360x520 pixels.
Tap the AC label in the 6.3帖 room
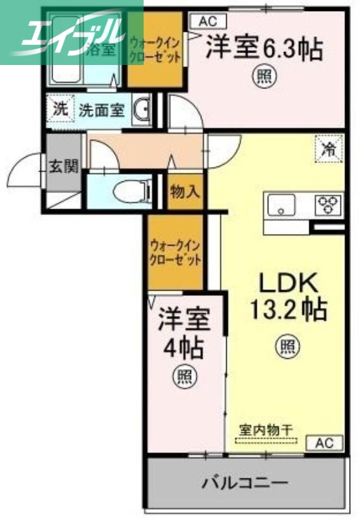203,21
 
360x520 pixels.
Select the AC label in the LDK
328,443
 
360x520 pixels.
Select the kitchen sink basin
281,206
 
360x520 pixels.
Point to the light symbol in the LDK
287,346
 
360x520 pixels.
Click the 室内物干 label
266,430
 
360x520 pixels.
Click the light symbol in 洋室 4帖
185,376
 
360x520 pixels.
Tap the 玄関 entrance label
63,166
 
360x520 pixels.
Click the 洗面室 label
101,110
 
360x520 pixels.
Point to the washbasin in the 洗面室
143,109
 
